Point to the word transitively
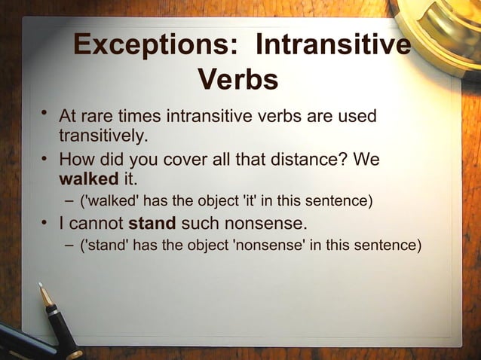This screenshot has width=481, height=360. [103, 136]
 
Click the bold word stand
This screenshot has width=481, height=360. [152, 224]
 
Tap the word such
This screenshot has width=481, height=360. [199, 224]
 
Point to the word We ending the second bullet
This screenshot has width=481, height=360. [366, 161]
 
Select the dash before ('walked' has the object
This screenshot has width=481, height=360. [69, 202]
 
